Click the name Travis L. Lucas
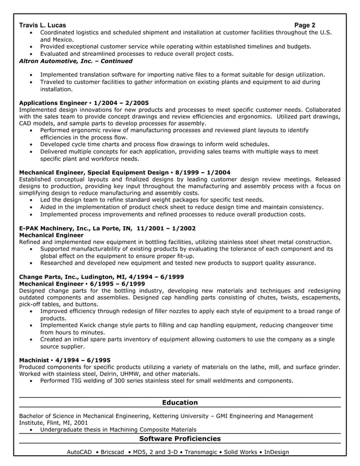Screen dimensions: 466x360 tap(42, 25)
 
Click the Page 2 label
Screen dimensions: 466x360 tap(305, 25)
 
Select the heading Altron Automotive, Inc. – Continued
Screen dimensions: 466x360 tap(76, 61)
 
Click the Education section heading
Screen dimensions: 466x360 tap(179, 402)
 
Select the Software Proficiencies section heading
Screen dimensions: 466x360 tap(179, 438)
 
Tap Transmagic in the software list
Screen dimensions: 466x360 tap(197, 452)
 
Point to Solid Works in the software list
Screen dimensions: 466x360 tap(239, 452)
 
